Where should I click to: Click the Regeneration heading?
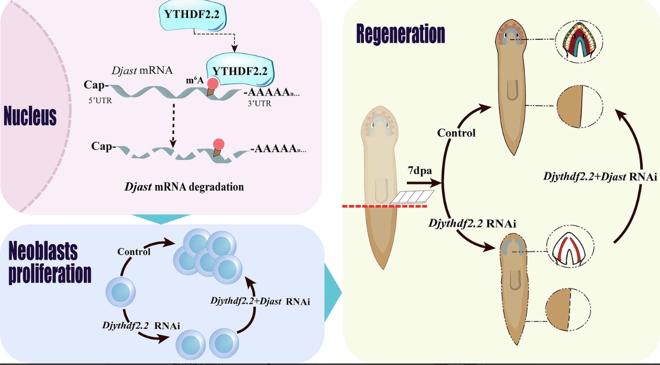(400, 34)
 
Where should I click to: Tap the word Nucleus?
(30, 116)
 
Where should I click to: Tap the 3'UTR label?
(259, 104)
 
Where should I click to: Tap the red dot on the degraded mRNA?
(219, 144)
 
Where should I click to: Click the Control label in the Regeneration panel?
(456, 133)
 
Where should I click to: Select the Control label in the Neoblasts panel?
(134, 252)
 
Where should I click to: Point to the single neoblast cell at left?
(121, 291)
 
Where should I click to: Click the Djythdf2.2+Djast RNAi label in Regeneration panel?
(600, 177)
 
